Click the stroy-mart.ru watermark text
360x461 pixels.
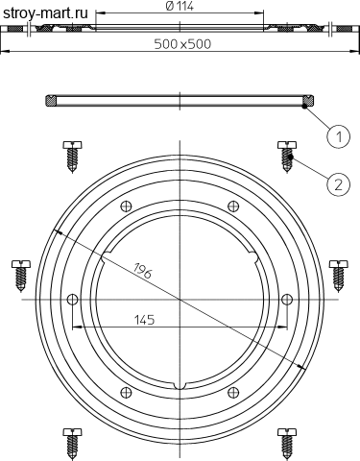45,13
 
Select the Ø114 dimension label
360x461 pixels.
180,7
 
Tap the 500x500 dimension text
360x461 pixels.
182,44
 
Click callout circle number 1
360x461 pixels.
339,136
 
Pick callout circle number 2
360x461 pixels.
339,184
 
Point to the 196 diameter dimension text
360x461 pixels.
142,270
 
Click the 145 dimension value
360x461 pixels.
144,320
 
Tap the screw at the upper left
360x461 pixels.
72,157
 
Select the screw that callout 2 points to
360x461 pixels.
287,157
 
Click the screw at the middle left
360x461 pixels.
21,276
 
